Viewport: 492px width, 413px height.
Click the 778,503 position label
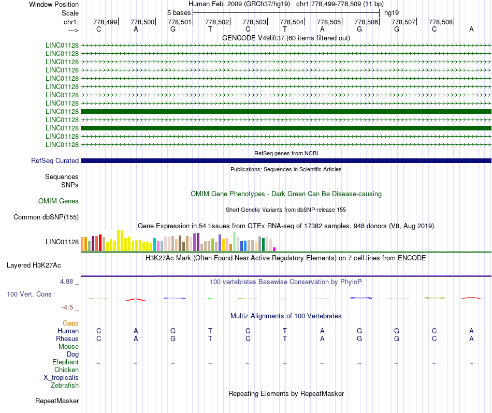(x=254, y=22)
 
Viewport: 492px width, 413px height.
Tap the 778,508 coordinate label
(x=441, y=22)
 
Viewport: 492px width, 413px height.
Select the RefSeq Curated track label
(x=55, y=161)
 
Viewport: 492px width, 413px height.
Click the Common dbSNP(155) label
(x=46, y=217)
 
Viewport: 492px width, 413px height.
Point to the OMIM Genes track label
(x=59, y=201)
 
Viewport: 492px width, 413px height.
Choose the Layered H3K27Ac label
(x=34, y=265)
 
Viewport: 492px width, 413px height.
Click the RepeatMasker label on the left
(x=57, y=401)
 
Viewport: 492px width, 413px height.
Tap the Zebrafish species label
(x=65, y=385)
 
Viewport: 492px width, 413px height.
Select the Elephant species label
(x=65, y=362)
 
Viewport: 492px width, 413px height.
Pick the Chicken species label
(x=66, y=370)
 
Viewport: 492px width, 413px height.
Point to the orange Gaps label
(x=70, y=323)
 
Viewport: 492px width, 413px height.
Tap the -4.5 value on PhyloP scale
(x=67, y=307)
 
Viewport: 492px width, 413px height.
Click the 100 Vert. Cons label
(x=29, y=294)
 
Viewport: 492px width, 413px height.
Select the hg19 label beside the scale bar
(x=392, y=12)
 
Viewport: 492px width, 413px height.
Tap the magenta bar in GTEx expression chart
(x=274, y=249)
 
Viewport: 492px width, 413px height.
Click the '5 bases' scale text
(x=179, y=12)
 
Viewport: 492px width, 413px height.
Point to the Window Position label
(x=54, y=4)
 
